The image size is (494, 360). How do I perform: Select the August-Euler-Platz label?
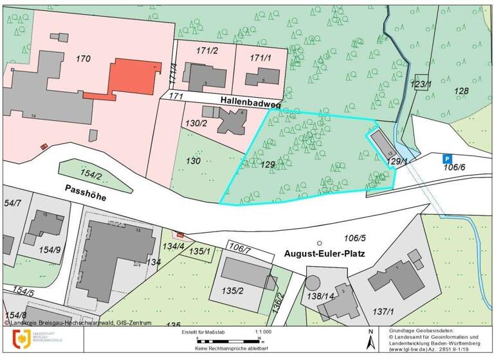pyautogui.click(x=324, y=254)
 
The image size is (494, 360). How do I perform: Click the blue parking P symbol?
pyautogui.click(x=447, y=158)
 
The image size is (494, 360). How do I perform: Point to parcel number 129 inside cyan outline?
pyautogui.click(x=268, y=165)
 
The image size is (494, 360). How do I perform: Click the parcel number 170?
pyautogui.click(x=84, y=59)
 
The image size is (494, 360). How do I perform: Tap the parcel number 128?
pyautogui.click(x=462, y=91)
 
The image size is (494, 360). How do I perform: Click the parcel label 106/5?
pyautogui.click(x=354, y=237)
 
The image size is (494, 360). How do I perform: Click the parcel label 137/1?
pyautogui.click(x=383, y=311)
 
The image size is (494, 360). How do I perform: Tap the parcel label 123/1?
pyautogui.click(x=421, y=84)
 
